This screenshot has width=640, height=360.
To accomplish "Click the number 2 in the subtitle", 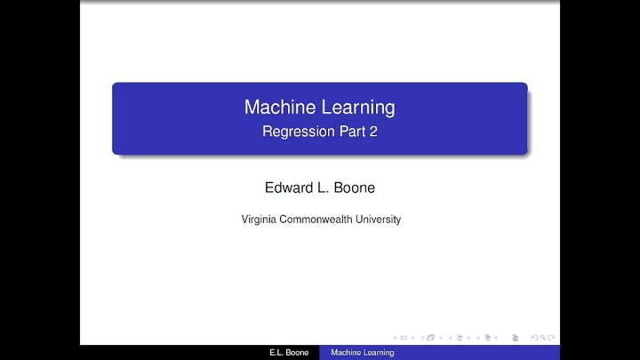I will tap(373, 132).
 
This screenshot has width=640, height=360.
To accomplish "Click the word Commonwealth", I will tap(320, 219).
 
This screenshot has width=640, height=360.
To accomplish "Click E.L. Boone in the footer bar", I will tap(288, 354).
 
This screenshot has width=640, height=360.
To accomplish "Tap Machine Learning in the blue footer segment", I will tap(363, 354).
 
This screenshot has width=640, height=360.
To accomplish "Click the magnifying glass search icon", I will tap(542, 338).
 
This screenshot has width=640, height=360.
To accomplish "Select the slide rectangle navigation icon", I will tap(404, 338).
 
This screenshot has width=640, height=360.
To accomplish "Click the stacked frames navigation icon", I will tap(431, 338).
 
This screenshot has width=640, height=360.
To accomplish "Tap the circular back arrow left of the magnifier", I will tap(533, 338).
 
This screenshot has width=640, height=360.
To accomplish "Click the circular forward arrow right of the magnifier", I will tap(552, 338).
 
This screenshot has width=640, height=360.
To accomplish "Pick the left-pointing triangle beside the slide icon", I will tap(395, 338).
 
